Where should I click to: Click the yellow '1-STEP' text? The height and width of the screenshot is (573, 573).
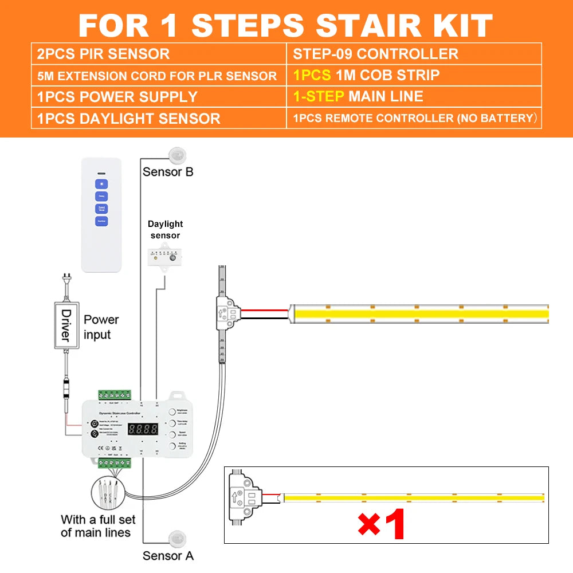coord(318,96)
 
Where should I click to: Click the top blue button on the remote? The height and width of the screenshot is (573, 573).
coord(101,184)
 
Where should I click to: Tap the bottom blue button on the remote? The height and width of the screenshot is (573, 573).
coord(101,221)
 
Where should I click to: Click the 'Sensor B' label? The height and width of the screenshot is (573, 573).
coord(168,172)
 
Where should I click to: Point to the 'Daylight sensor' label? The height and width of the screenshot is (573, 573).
coord(165,230)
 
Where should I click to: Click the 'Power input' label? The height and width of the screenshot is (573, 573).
coord(101,327)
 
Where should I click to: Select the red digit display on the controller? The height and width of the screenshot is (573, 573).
coord(143,429)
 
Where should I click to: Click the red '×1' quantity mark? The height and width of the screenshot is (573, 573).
coord(382,524)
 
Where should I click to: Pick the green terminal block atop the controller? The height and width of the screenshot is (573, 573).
coord(115,394)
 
